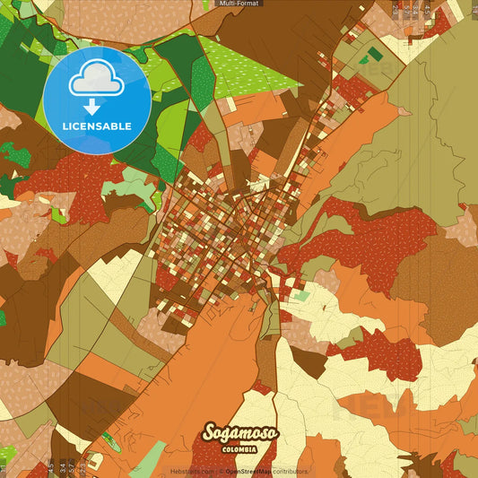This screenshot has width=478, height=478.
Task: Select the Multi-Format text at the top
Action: [240, 4]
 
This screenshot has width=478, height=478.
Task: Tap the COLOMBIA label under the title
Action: [239, 449]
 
